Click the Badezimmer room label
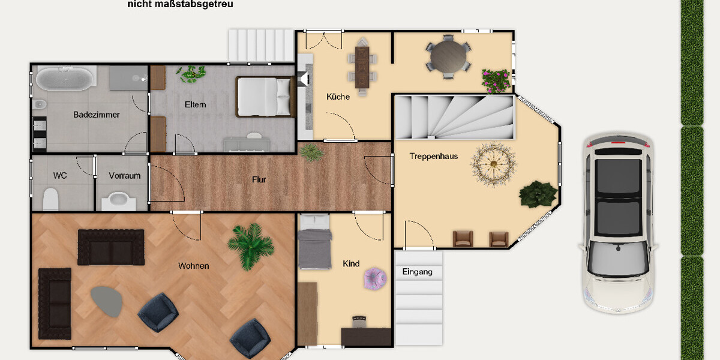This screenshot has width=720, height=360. click(97, 115)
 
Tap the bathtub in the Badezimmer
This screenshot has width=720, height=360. click(65, 78)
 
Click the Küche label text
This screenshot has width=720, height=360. click(338, 97)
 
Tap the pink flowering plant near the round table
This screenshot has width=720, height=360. click(496, 80)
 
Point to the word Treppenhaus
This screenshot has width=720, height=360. click(433, 156)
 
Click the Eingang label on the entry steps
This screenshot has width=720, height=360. click(418, 272)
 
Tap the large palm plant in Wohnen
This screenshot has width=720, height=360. click(251, 245)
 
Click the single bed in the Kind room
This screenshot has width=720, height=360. click(314, 243)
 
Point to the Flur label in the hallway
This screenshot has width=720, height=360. click(259, 179)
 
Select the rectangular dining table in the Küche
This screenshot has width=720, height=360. click(362, 66)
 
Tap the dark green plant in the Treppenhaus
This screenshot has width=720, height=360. click(538, 193)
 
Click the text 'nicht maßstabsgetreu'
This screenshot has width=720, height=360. click(180, 4)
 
